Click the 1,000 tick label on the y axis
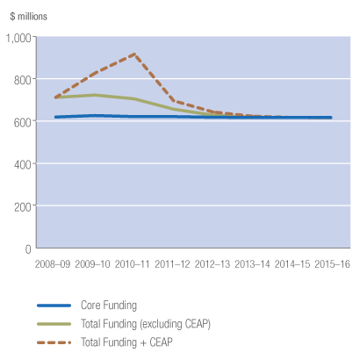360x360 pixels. (18, 38)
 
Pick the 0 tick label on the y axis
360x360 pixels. (27, 248)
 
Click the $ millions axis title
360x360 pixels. (30, 16)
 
